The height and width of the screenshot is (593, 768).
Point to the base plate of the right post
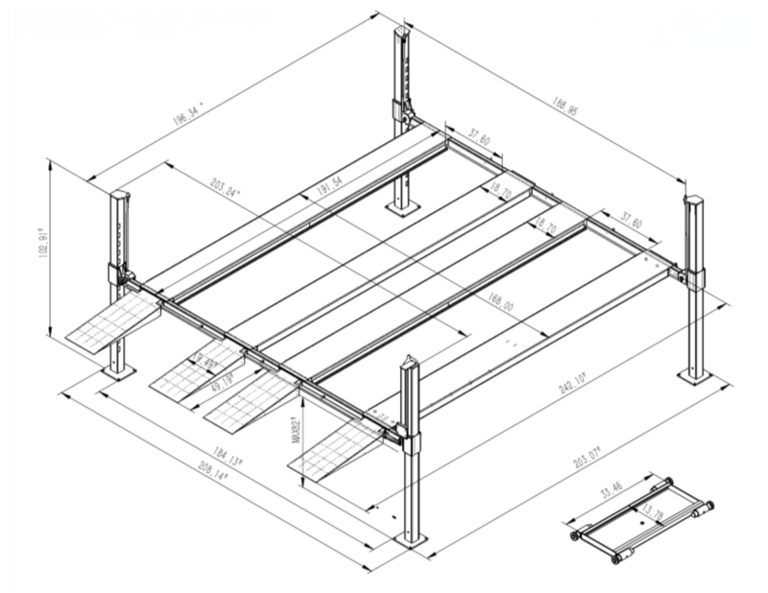click(x=694, y=375)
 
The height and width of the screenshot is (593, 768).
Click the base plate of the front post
click(x=411, y=539)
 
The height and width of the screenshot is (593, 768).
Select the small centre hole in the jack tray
click(x=640, y=525)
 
